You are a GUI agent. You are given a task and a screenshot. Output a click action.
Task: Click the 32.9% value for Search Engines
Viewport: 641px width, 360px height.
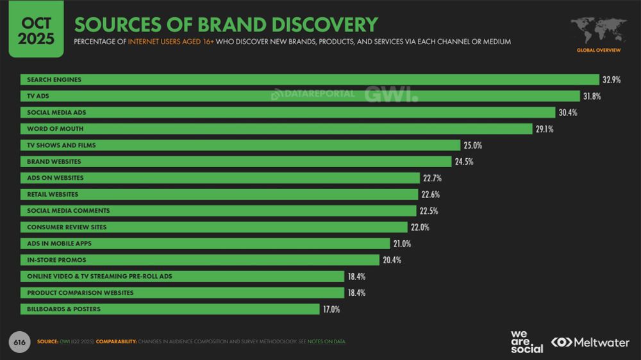611,80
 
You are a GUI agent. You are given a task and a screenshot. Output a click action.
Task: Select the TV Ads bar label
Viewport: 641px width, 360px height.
38,96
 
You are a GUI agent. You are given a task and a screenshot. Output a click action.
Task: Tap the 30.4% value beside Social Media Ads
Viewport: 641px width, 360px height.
567,113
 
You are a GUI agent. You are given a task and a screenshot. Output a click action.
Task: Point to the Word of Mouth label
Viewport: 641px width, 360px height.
55,129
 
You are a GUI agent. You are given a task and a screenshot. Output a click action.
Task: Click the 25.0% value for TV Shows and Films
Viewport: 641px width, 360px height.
472,145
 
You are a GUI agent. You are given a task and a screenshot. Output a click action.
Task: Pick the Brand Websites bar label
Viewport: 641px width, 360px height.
54,161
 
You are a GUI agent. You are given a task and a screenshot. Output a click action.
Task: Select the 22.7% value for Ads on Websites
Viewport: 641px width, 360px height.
431,178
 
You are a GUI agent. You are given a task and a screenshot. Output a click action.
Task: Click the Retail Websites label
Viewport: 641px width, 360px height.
53,194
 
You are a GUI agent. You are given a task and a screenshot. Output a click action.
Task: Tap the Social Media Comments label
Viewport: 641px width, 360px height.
69,211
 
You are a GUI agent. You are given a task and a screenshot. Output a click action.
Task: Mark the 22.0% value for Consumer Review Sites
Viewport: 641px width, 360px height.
420,227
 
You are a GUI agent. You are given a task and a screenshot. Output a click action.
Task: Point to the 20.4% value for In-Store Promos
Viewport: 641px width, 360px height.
392,260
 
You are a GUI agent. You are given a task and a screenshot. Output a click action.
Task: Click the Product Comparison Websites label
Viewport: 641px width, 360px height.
80,293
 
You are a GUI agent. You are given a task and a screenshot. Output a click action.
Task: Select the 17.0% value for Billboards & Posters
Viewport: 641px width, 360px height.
331,309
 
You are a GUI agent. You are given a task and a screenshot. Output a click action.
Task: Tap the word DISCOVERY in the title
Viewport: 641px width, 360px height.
324,24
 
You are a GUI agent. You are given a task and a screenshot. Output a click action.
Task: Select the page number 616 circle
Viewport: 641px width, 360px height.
20,342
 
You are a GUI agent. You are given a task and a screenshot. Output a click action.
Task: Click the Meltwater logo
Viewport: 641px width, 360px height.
590,342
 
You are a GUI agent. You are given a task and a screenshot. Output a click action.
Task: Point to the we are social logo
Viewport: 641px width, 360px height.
526,341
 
